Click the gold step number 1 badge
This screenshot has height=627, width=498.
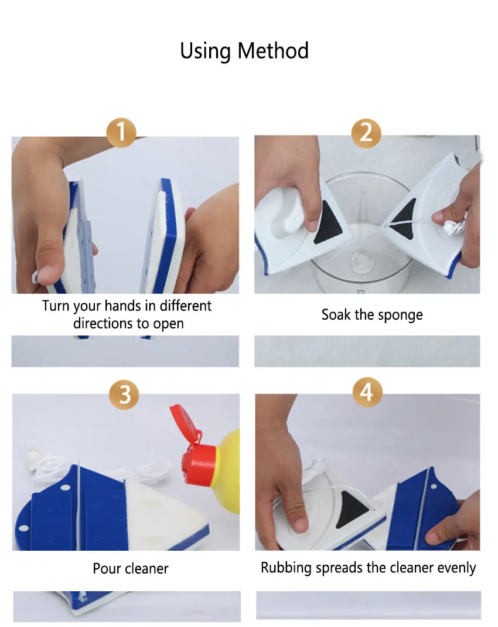(x=121, y=133)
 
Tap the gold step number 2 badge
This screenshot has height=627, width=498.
(x=366, y=133)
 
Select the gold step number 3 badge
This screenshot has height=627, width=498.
(x=124, y=395)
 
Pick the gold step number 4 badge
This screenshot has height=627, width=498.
(x=367, y=392)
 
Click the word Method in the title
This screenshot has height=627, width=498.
(x=273, y=51)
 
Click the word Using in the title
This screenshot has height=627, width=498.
(x=205, y=52)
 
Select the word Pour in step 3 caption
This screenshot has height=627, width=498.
(x=107, y=568)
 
